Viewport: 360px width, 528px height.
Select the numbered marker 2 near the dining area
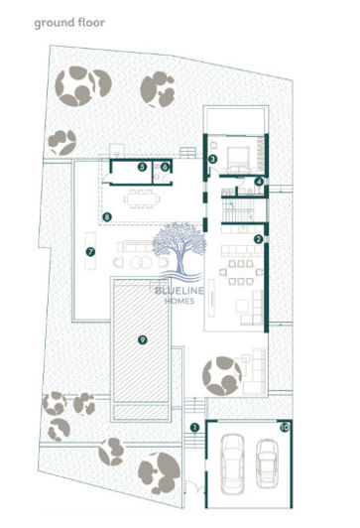point(258,239)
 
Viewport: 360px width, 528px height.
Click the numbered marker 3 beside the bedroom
point(212,158)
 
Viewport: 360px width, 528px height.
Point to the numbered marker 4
point(258,182)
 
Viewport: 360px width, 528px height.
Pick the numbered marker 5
point(143,168)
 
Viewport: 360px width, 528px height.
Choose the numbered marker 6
point(165,168)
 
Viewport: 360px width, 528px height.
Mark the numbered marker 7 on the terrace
point(90,252)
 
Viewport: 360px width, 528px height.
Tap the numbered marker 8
point(107,215)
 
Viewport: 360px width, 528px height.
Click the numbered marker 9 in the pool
point(143,339)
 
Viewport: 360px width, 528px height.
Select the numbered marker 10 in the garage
point(284,428)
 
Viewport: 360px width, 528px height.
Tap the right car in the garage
point(266,458)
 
